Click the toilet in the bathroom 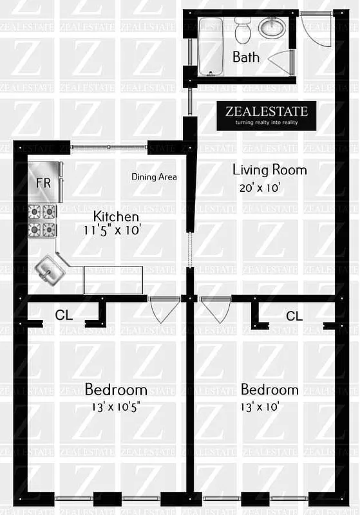click(243, 30)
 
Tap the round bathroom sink click(272, 28)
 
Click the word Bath click(246, 57)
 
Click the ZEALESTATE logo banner click(266, 115)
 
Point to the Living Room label click(269, 170)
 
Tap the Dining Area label click(154, 176)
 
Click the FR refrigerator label click(43, 182)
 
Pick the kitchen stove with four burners click(43, 221)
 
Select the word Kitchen click(116, 216)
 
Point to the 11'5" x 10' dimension click(112, 229)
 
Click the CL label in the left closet click(63, 315)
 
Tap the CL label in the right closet click(294, 315)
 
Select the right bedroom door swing click(216, 309)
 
